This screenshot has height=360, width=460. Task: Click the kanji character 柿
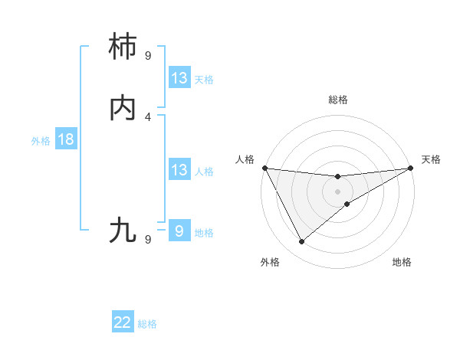pyautogui.click(x=124, y=47)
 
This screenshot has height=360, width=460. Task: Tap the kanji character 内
pyautogui.click(x=124, y=108)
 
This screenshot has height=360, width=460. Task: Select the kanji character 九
pyautogui.click(x=124, y=230)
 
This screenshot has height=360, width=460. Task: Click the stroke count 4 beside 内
pyautogui.click(x=148, y=117)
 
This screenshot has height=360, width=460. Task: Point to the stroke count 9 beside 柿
pyautogui.click(x=148, y=56)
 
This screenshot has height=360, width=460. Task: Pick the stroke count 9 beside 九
pyautogui.click(x=148, y=239)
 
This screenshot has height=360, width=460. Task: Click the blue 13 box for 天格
pyautogui.click(x=179, y=78)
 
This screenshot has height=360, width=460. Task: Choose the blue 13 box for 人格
pyautogui.click(x=179, y=170)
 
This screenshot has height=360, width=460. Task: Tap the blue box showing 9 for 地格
pyautogui.click(x=179, y=231)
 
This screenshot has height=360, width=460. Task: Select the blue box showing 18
pyautogui.click(x=66, y=139)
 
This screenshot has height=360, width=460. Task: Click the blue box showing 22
pyautogui.click(x=123, y=323)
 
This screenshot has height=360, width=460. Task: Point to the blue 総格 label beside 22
pyautogui.click(x=147, y=324)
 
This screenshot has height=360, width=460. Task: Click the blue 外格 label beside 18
pyautogui.click(x=41, y=140)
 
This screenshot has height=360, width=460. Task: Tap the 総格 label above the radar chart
pyautogui.click(x=338, y=100)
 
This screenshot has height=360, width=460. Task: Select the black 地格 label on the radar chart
pyautogui.click(x=402, y=262)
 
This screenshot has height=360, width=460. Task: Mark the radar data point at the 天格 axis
pyautogui.click(x=411, y=168)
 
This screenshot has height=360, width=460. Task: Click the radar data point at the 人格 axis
pyautogui.click(x=264, y=168)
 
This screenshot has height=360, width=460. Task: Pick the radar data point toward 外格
pyautogui.click(x=301, y=242)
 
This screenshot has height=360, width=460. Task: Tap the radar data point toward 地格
pyautogui.click(x=347, y=204)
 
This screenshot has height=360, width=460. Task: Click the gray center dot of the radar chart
pyautogui.click(x=338, y=191)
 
